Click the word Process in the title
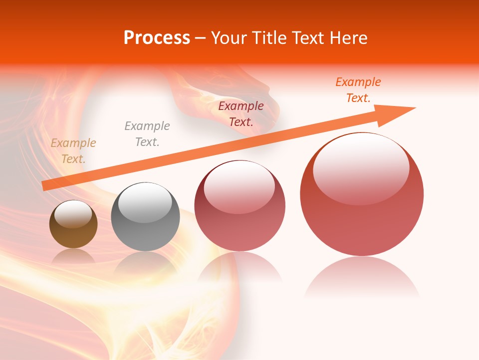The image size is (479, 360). tap(157, 38)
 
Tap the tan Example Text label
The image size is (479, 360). tap(73, 151)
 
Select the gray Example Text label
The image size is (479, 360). tap(147, 134)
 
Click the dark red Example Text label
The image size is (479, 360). tap(241, 114)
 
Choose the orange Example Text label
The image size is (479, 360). tap(358, 90)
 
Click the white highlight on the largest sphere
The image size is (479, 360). tap(361, 167)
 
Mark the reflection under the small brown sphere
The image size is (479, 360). tap(73, 256)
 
